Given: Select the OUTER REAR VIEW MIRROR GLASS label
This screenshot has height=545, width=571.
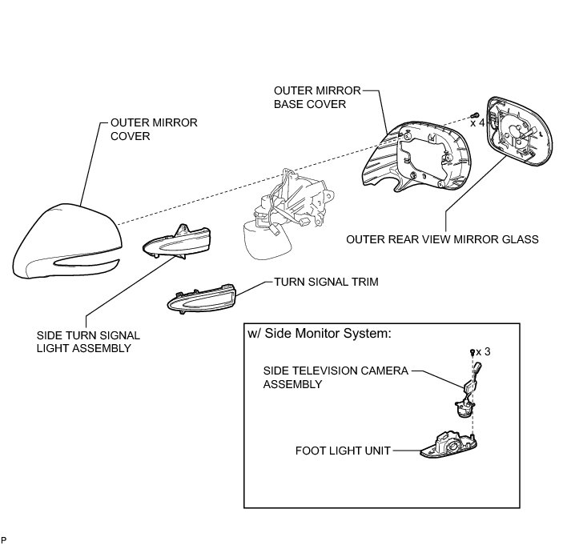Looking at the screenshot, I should tap(442, 238).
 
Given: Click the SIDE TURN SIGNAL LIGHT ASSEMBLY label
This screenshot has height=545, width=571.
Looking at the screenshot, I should tap(84, 343).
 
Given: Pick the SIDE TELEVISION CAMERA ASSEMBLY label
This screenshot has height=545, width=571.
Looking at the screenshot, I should tap(336, 377).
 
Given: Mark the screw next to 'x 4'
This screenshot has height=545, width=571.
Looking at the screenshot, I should tap(475, 114).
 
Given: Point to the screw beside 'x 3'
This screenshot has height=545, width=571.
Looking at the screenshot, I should tap(472, 352).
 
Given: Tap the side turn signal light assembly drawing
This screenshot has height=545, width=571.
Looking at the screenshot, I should tap(178, 240).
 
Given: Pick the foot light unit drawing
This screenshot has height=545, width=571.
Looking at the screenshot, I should tap(449, 444).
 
